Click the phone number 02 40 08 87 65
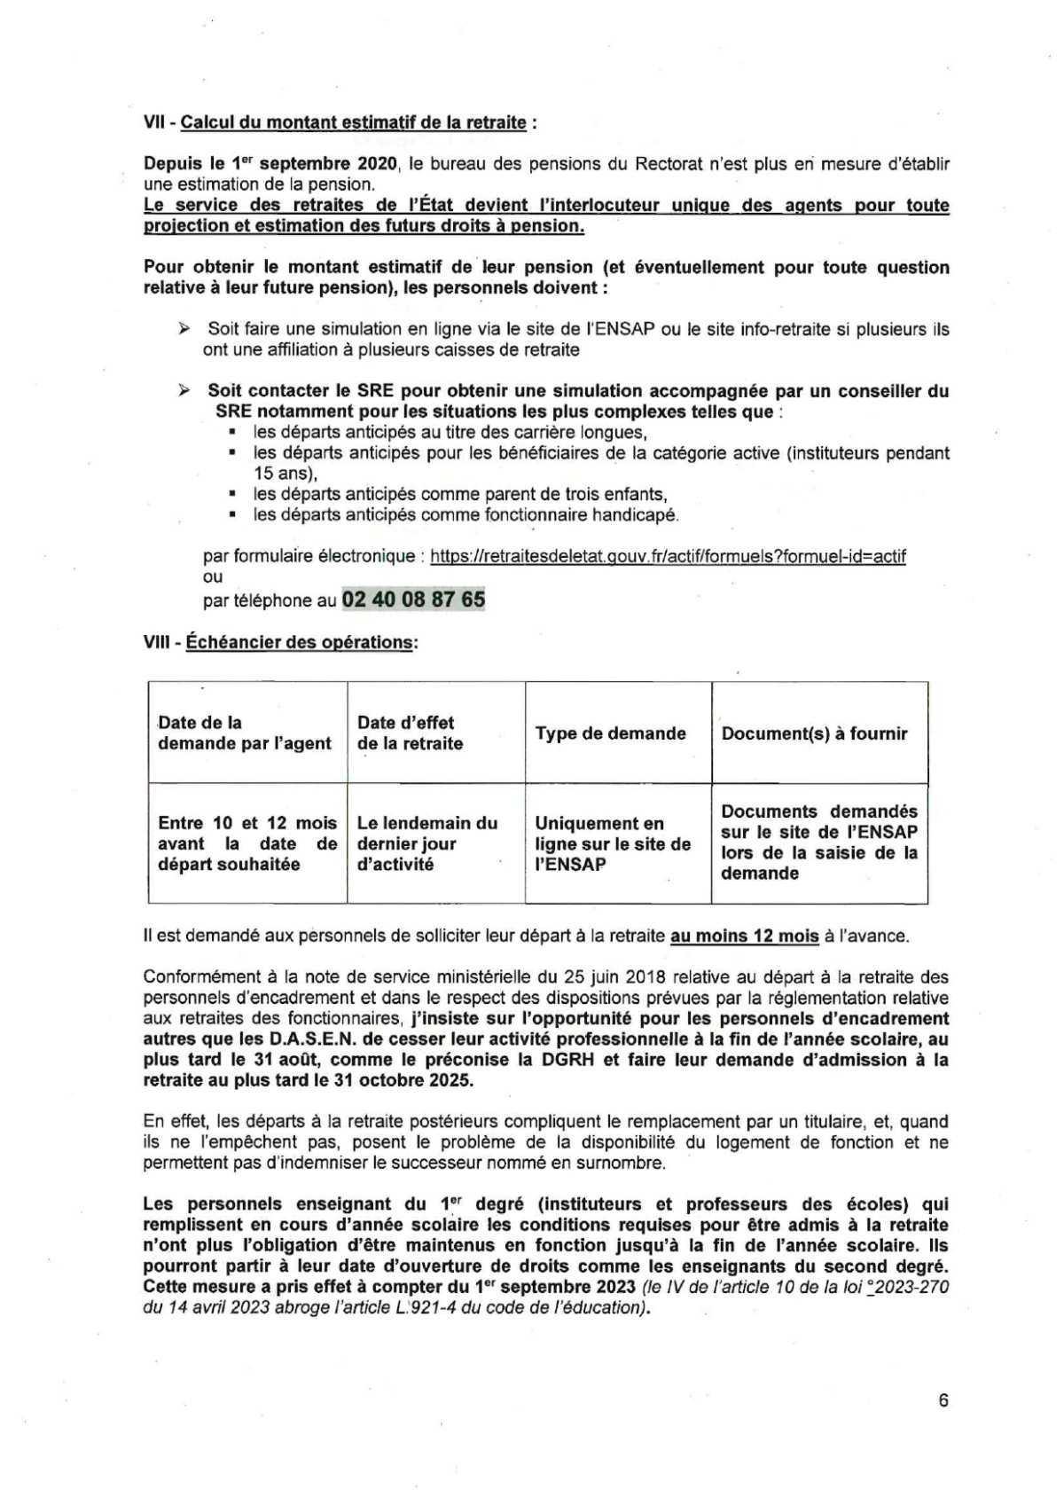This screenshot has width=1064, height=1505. [x=413, y=600]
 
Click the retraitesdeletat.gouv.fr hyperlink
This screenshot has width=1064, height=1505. [x=668, y=557]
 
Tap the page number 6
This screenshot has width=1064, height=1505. [x=943, y=1400]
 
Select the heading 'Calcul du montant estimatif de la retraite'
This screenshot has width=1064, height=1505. [x=353, y=122]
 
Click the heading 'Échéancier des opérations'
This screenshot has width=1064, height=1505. [x=300, y=641]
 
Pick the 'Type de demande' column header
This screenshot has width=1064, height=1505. [x=610, y=733]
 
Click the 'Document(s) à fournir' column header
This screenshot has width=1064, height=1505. [x=814, y=733]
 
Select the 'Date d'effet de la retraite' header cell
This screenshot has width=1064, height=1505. [x=410, y=733]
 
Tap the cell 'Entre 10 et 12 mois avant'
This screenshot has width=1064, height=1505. [x=247, y=843]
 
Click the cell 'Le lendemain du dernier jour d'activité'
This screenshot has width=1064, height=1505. [x=426, y=843]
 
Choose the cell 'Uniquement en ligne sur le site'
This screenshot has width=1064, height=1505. [x=612, y=843]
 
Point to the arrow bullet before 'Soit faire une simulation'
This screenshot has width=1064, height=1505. [x=184, y=329]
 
